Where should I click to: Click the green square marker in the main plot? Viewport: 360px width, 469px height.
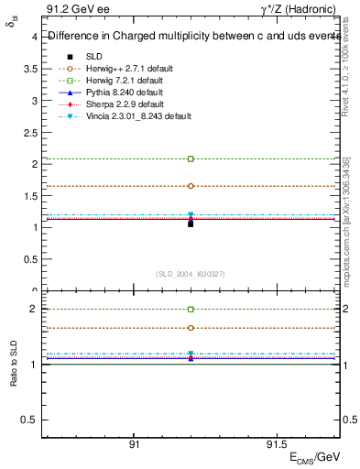pos(191,158)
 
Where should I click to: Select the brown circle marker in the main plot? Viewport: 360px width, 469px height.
pos(191,186)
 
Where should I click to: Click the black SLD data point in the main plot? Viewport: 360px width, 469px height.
pos(191,223)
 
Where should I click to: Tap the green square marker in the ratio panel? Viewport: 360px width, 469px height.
pos(191,310)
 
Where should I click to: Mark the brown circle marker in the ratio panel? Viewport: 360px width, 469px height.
pos(191,327)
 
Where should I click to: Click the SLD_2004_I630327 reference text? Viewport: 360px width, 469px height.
pos(191,274)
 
